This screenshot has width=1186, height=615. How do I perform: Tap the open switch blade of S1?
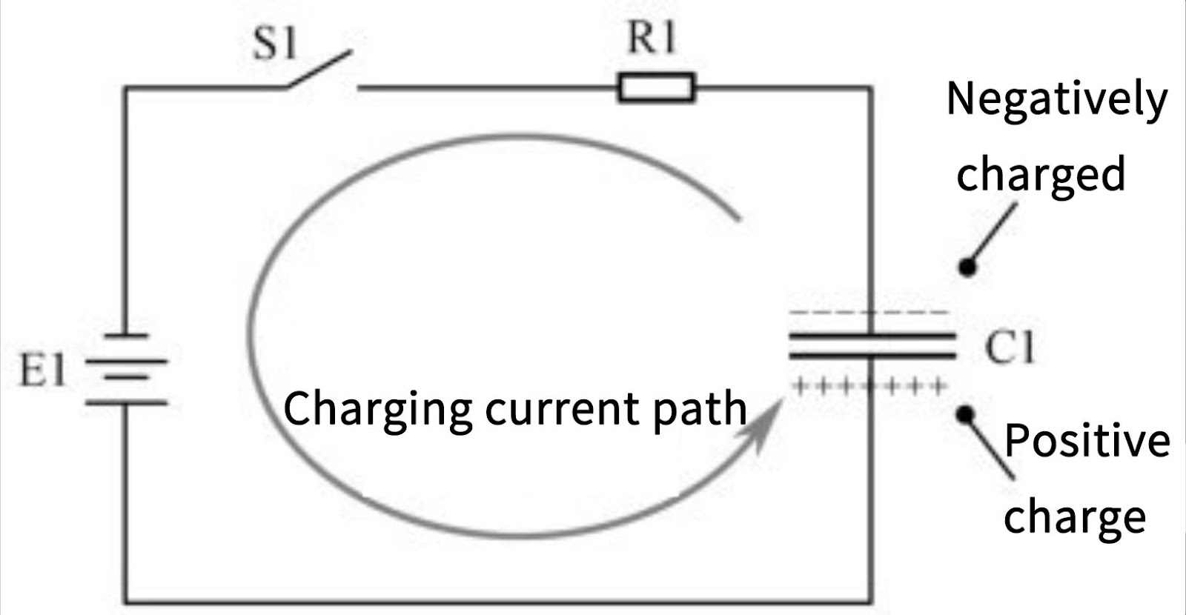point(319,70)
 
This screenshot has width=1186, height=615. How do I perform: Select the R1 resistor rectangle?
point(657,87)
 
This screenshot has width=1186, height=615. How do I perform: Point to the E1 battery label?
point(42,370)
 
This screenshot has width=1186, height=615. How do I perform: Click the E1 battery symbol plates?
point(126,369)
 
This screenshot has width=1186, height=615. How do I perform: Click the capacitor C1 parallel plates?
point(872,346)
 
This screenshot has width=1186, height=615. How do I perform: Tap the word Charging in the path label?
point(378,409)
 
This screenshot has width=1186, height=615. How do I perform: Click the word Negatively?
point(1057,100)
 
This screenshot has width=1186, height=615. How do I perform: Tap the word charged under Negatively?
point(1041,174)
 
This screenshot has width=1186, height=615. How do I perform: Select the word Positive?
point(1087,441)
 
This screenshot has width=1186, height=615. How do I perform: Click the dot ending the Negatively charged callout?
point(966,266)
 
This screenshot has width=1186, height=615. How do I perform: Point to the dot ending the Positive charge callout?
point(964,414)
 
